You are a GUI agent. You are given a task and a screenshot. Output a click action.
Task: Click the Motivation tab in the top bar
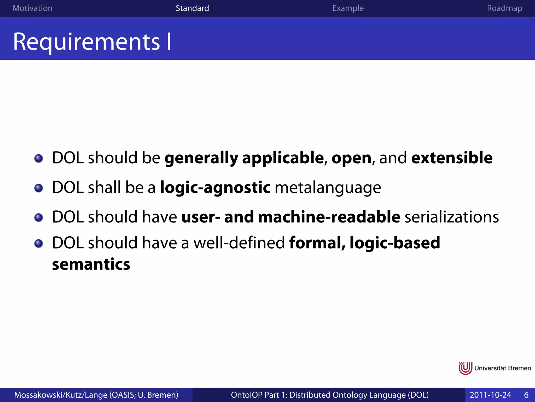[x=32, y=8]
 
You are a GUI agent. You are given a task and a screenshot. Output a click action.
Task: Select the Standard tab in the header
[x=192, y=8]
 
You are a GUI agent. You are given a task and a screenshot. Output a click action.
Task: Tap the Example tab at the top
[x=348, y=8]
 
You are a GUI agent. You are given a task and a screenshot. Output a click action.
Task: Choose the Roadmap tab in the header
[x=504, y=8]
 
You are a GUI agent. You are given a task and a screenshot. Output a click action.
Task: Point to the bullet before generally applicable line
[x=39, y=158]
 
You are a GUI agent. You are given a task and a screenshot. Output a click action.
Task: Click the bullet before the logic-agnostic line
[x=39, y=188]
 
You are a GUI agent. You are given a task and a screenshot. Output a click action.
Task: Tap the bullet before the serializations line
[x=39, y=217]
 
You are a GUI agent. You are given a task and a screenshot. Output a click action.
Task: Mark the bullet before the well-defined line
[x=39, y=243]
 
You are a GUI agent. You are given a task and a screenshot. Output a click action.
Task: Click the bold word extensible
[x=452, y=158]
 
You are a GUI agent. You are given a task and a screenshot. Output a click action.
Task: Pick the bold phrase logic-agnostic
[x=215, y=188]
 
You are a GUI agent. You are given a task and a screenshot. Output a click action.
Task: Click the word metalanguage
[x=328, y=188]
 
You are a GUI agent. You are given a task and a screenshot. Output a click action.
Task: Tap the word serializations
[x=452, y=217]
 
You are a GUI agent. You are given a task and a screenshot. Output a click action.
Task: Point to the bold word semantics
[x=91, y=264]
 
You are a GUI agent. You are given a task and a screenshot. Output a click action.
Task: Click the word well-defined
[x=239, y=243]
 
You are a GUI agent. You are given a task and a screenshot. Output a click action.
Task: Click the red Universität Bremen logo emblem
[x=465, y=368]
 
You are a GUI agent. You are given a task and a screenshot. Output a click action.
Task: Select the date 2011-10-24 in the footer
[x=490, y=395]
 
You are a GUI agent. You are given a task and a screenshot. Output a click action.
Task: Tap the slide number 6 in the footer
[x=526, y=395]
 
